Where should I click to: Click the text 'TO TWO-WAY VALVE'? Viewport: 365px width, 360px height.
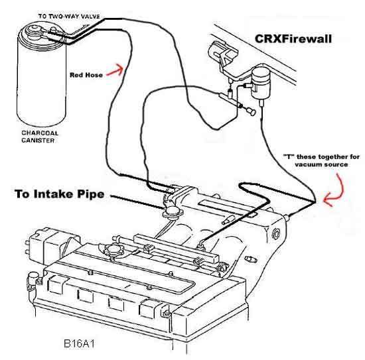pos(69,17)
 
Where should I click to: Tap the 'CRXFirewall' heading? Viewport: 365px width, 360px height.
pos(293,39)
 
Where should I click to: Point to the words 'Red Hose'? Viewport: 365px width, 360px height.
pos(86,75)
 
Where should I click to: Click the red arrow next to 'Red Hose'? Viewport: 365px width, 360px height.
pos(115,70)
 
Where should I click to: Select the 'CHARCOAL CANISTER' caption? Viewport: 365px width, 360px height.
pos(40,137)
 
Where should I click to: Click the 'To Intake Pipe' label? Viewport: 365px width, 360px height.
pos(59,194)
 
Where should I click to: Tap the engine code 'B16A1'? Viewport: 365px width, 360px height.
pos(80,343)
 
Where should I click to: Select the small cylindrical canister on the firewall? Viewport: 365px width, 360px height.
pos(261,83)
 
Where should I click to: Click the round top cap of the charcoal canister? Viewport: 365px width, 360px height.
pos(35,29)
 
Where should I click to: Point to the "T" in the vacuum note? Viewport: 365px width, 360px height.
pos(288,156)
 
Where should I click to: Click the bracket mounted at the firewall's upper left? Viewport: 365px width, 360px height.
pos(222,53)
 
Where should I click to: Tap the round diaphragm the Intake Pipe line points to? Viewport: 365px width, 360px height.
pos(173,211)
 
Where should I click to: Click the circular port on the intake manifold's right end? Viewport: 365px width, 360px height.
pos(276,233)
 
